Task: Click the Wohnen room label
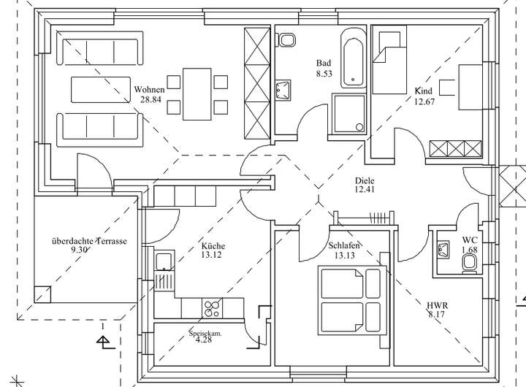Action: coord(150,89)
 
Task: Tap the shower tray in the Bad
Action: coord(348,113)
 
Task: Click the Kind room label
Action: coord(424,91)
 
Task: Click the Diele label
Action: coord(365,180)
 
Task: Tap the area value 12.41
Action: coord(365,191)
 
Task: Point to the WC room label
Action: coord(470,240)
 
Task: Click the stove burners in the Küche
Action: coord(212,309)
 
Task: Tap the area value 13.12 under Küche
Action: coord(212,256)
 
